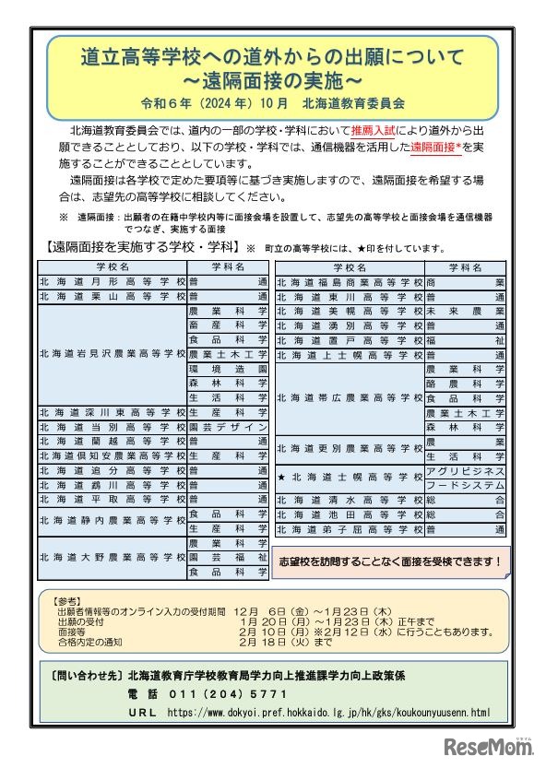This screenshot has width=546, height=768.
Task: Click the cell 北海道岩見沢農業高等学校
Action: [113, 354]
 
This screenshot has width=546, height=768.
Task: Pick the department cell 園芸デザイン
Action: [228, 429]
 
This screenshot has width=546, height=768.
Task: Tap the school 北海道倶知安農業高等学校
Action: [113, 455]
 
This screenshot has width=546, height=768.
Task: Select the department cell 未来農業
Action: [466, 312]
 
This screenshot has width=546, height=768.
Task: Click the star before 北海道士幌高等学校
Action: [281, 478]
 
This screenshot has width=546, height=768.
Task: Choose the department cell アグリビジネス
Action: [466, 471]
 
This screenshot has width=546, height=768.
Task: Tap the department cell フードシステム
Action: [466, 485]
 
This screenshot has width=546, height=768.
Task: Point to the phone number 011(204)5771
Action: [207, 693]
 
